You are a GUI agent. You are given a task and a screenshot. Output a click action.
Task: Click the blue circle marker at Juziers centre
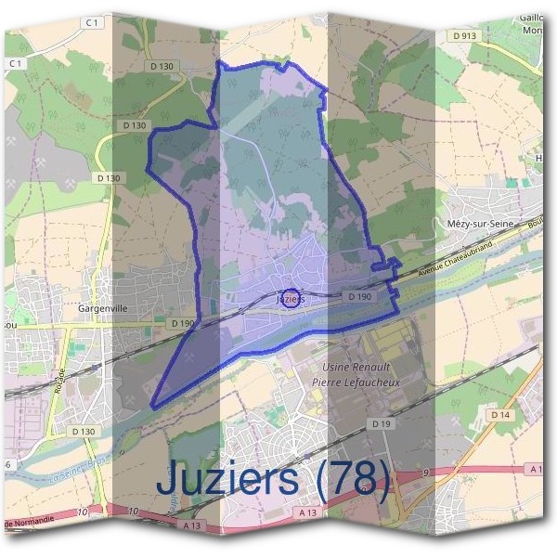coord(291,298)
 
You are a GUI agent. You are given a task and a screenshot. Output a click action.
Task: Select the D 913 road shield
coord(468,36)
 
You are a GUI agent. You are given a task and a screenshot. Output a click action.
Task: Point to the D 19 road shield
coord(381,423)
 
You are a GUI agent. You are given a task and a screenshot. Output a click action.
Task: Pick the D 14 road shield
coord(501,414)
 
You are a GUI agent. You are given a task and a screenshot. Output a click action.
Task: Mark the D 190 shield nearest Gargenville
coord(183,323)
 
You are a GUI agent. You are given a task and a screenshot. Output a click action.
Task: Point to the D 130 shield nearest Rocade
coord(84,432)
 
